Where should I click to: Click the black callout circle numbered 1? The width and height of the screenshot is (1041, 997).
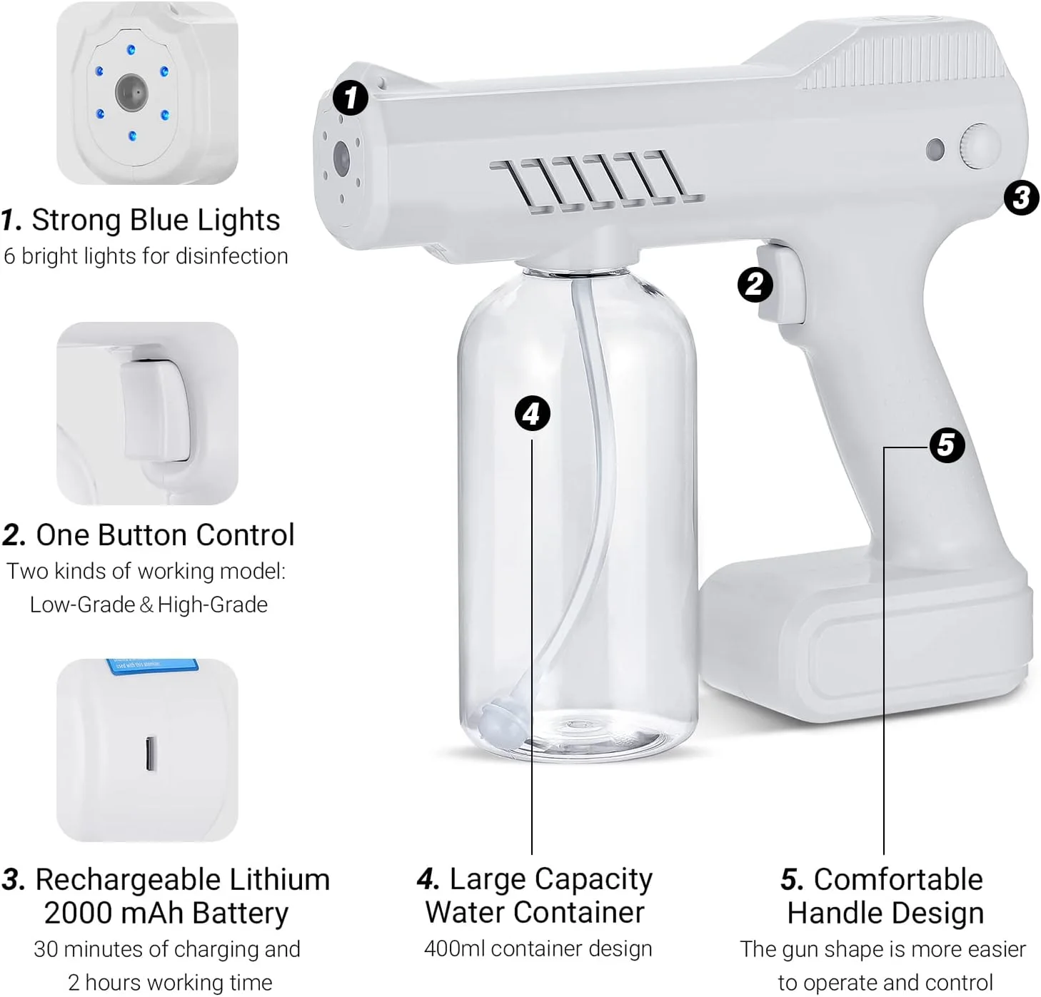[x=351, y=98]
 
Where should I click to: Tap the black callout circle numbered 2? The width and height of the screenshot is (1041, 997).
[x=755, y=285]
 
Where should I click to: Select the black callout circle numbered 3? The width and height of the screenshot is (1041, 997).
[x=1021, y=197]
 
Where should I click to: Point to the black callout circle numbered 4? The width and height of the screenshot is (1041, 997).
[x=532, y=413]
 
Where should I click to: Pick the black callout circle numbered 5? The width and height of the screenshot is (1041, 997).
[x=947, y=445]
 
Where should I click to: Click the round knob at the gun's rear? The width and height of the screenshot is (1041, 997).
[x=980, y=146]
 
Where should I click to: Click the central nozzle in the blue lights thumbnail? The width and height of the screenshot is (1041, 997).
[x=131, y=93]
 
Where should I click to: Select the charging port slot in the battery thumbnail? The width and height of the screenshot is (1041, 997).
[x=151, y=753]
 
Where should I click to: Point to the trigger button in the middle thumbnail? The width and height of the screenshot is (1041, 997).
[x=155, y=410]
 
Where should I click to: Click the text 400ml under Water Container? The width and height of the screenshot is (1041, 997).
[x=454, y=949]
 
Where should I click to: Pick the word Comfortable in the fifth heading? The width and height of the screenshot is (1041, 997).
[x=898, y=879]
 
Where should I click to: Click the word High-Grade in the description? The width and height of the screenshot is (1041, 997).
[x=212, y=604]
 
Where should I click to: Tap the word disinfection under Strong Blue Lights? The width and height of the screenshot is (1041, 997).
[x=231, y=256]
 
